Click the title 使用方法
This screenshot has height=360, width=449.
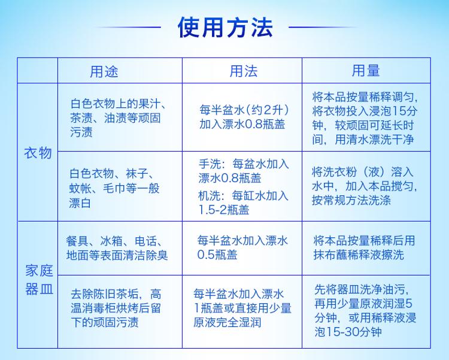(x=225, y=28)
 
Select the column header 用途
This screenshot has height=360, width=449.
(x=104, y=71)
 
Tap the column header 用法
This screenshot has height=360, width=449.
(x=244, y=71)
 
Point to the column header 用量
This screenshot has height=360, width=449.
(x=366, y=71)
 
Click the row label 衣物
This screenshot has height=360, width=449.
(x=38, y=153)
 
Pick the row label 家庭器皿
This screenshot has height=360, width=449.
(x=40, y=280)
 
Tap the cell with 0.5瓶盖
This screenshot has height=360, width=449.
(x=242, y=247)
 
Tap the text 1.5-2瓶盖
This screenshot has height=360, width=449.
(x=224, y=210)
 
